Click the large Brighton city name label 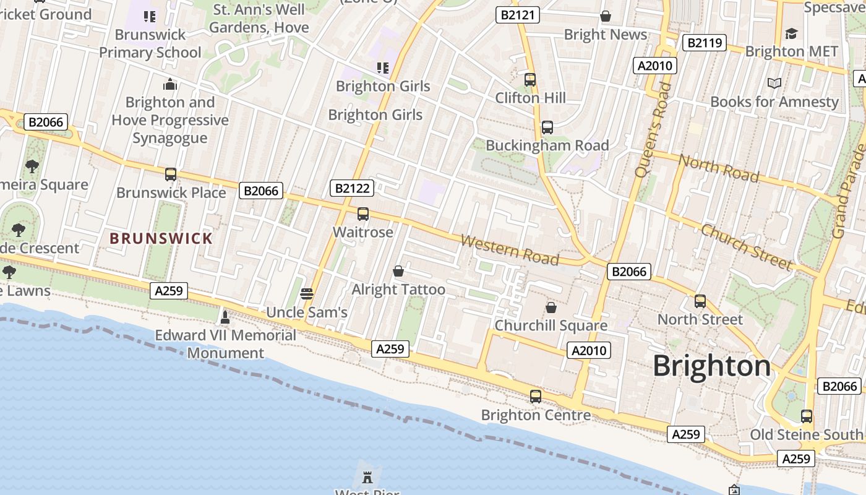coord(712,366)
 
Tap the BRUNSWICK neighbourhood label coord(161,238)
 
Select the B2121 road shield coord(517,15)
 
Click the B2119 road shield coord(704,43)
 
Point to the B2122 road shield coord(352,188)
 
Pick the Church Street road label coord(746,247)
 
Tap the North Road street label coord(719,168)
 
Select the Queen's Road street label coord(653,129)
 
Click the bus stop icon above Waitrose coord(363,214)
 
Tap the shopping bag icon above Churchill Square coord(551,308)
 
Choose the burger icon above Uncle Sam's coord(307,293)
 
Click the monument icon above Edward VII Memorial coord(225,317)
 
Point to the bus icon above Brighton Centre coord(536,397)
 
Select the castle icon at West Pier coord(367,477)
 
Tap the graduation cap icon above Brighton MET coord(791,33)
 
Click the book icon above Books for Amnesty coord(774,83)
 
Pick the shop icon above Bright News coord(606,16)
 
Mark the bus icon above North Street coord(700,301)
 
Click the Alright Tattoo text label coord(398,290)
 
